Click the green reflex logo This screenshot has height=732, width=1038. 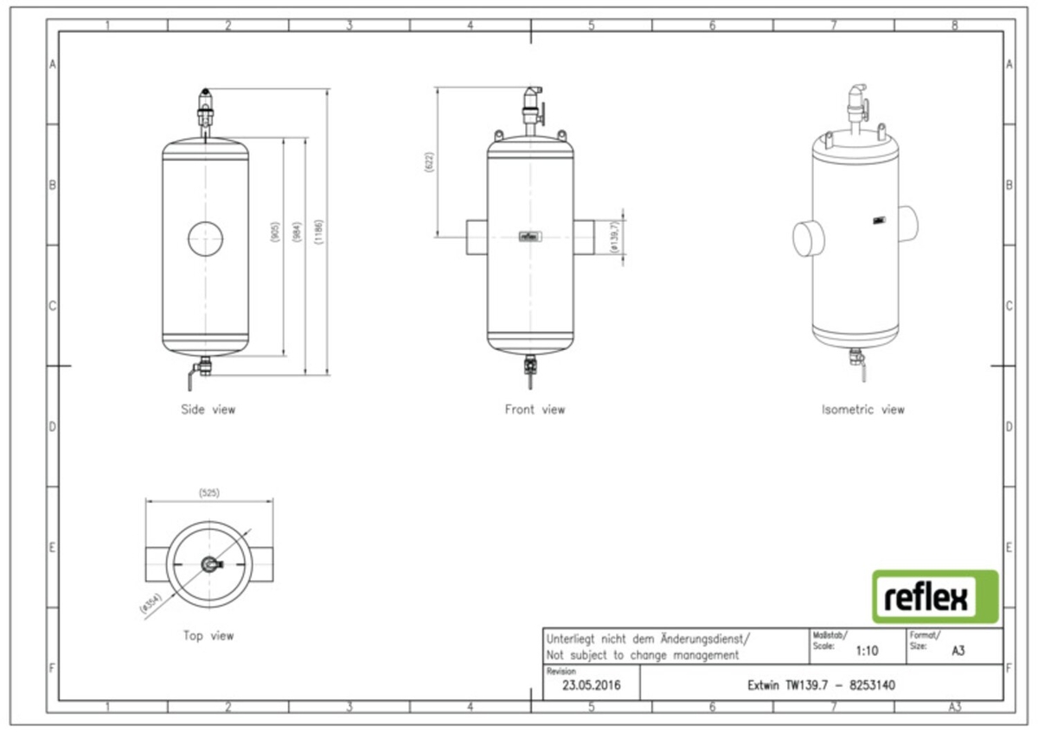coord(934,596)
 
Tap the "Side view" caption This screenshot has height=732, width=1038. coord(208,410)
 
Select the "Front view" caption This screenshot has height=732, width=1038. coord(535,410)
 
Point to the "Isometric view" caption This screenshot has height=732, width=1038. coord(862,410)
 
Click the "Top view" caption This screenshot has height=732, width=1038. coord(208,636)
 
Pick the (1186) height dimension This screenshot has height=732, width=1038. coord(319,232)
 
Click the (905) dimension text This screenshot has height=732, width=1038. coord(274,232)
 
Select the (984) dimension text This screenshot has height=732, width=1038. coord(297,232)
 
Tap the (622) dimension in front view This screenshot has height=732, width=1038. coord(429,162)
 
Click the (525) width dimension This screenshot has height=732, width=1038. coord(208,493)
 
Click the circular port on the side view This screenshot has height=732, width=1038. coord(205,236)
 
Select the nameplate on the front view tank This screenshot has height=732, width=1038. coord(529,235)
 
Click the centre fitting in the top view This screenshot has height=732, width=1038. coord(210,564)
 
